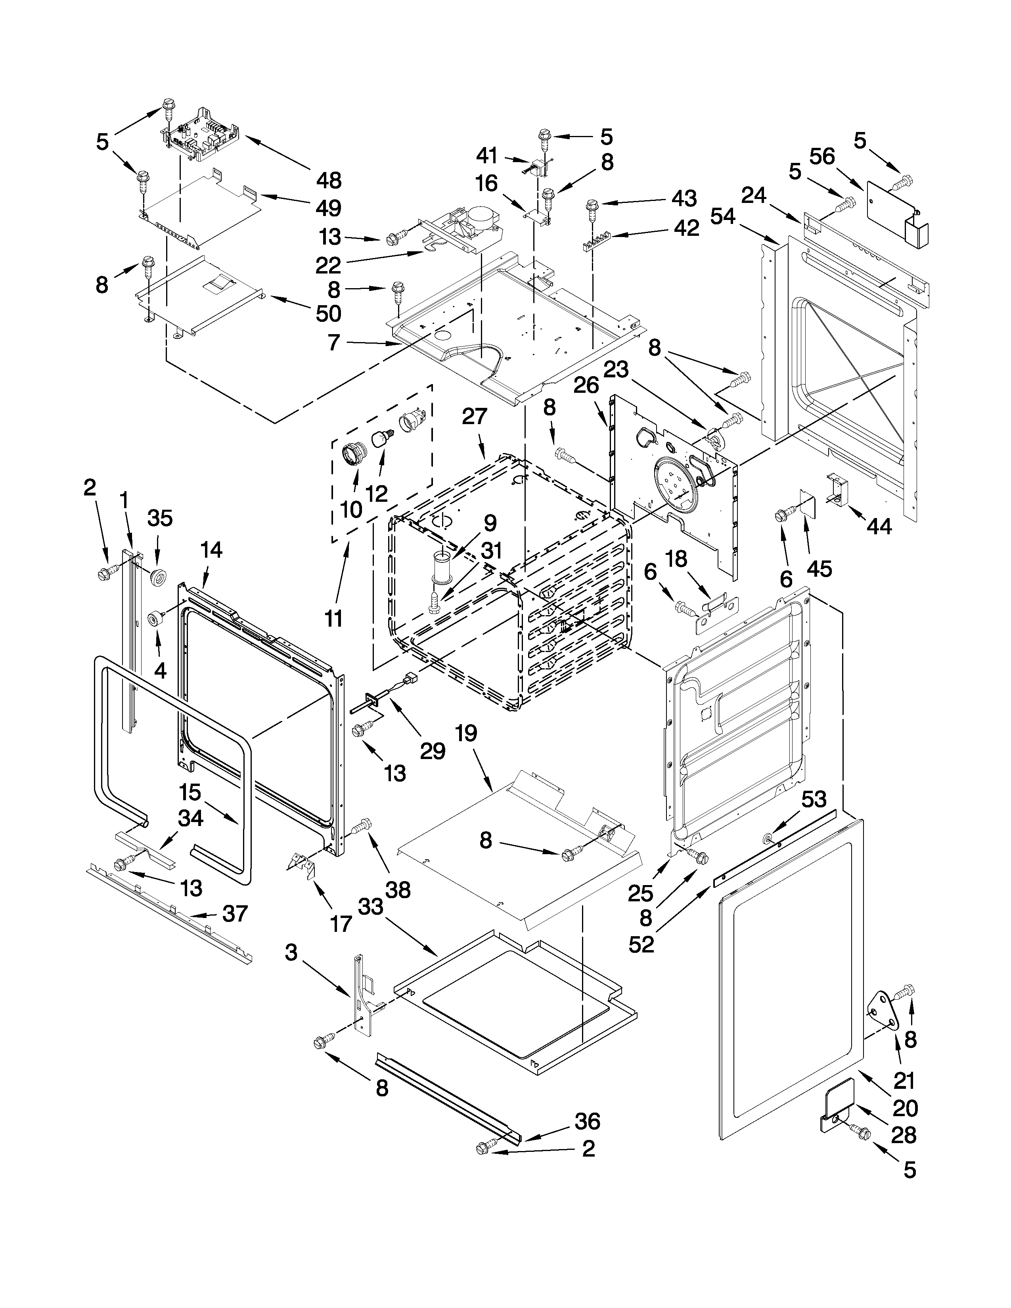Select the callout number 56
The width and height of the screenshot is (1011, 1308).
[x=822, y=157]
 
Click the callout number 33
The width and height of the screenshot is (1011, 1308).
[x=370, y=907]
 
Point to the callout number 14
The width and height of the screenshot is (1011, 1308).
[x=211, y=549]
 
